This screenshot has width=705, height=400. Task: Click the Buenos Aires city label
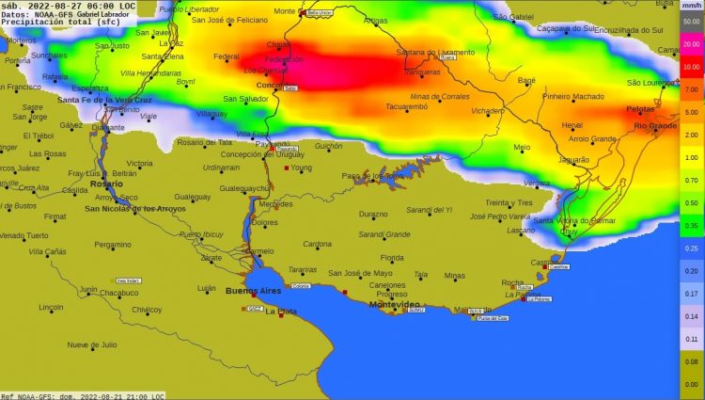point(254,291)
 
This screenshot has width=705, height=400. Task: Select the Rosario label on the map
point(106,184)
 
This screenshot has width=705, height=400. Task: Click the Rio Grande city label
point(655,125)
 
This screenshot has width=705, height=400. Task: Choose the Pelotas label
point(641,108)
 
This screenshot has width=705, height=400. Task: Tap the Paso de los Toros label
point(372,176)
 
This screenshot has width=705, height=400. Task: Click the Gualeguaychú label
point(244,188)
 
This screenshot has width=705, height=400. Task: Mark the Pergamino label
point(113,244)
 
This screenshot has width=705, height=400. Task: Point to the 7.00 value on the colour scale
point(691,89)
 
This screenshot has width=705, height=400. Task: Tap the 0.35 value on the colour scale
point(691,226)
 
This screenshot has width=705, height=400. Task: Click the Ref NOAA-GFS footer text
point(83,395)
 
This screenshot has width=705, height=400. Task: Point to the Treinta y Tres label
point(509,202)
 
